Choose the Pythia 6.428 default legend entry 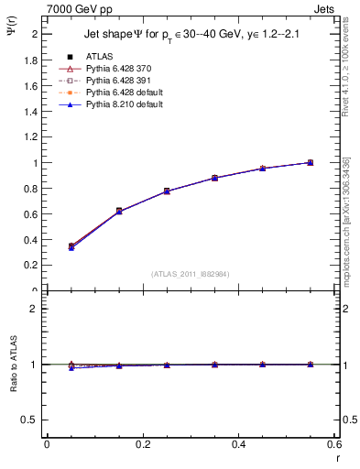click(115, 93)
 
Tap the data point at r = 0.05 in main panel click(71, 246)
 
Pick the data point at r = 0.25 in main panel click(166, 191)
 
